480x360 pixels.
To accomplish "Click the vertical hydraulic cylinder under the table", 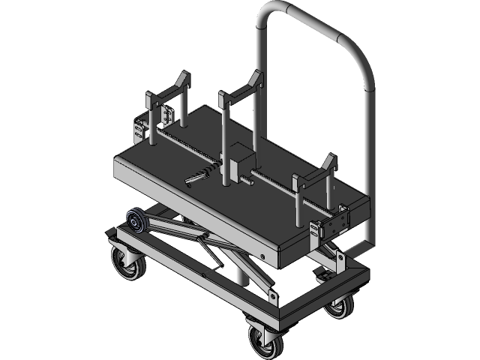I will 241,273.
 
